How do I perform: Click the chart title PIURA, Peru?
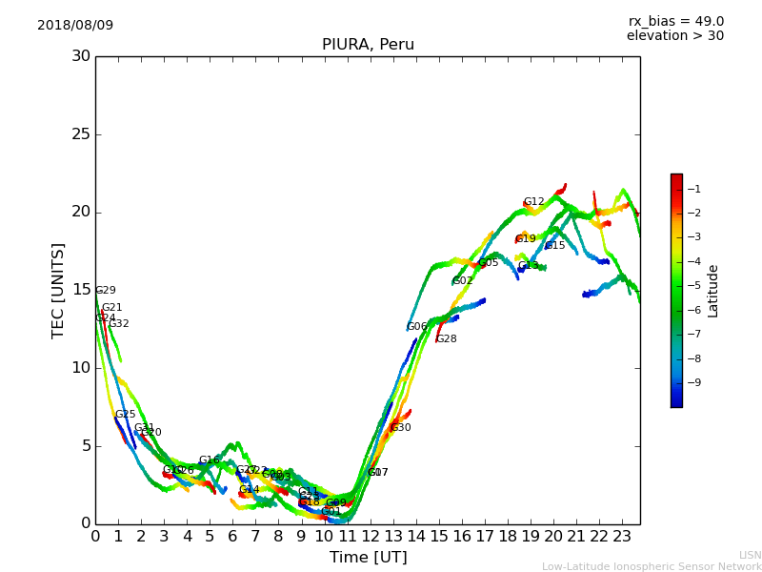(368, 45)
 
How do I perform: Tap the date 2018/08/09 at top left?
(75, 25)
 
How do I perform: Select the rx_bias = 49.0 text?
(675, 21)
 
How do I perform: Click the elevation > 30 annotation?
(674, 36)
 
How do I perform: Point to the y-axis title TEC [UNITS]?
(59, 290)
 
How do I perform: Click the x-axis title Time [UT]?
(368, 558)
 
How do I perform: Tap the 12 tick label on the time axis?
(370, 536)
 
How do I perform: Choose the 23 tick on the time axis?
(622, 536)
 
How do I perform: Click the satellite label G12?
(533, 202)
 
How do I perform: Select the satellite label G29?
(106, 291)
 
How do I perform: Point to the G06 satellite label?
(417, 327)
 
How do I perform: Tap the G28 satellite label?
(446, 339)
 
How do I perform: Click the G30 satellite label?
(401, 428)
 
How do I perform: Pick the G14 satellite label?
(249, 490)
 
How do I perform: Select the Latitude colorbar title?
(713, 290)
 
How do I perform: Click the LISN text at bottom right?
(751, 555)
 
